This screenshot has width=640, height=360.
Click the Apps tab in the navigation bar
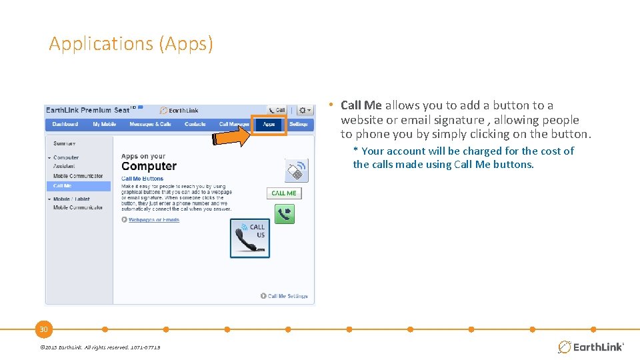tap(269, 125)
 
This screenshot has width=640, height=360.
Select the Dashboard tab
tap(65, 125)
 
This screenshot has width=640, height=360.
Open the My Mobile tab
tap(104, 125)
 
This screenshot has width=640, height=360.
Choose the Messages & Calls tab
tap(150, 125)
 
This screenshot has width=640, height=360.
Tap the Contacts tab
tap(195, 125)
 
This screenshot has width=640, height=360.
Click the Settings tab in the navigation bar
tap(299, 125)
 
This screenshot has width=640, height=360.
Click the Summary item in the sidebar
tap(65, 143)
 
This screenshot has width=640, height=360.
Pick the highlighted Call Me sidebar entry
tap(63, 186)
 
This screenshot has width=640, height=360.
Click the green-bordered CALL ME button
tap(284, 193)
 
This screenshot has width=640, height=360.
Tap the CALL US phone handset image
tap(250, 238)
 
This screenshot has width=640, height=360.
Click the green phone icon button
tap(285, 214)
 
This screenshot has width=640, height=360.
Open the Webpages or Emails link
tap(153, 219)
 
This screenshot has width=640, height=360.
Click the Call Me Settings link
tap(287, 296)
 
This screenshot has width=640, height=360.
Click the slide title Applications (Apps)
tap(131, 44)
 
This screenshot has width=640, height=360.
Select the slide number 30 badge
tap(44, 329)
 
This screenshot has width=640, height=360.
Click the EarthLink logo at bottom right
tap(591, 347)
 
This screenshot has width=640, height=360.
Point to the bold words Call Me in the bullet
tap(361, 105)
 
